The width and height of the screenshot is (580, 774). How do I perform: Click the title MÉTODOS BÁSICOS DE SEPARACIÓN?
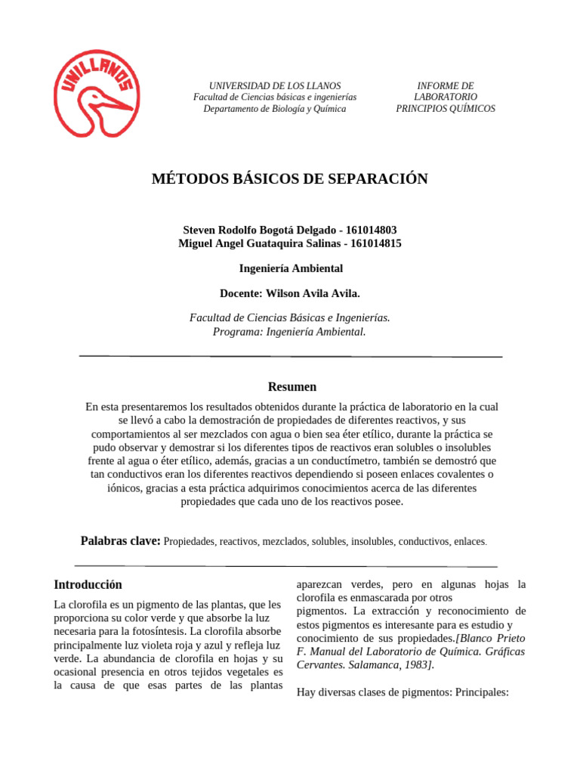[x=290, y=179]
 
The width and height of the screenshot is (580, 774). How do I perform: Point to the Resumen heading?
[x=292, y=387]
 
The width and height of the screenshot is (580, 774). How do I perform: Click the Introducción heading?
[x=88, y=584]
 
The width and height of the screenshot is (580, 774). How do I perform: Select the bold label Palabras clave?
[x=120, y=541]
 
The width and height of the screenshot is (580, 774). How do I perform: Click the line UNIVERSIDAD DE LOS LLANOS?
[x=275, y=86]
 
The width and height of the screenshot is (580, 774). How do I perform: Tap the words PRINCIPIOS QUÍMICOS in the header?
[x=446, y=109]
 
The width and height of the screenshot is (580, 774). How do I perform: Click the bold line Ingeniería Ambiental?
[x=291, y=268]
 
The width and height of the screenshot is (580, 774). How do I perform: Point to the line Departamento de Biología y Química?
[x=275, y=109]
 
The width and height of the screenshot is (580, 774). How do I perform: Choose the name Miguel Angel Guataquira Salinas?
[x=257, y=243]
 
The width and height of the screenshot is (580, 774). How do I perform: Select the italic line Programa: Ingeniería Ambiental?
[x=290, y=332]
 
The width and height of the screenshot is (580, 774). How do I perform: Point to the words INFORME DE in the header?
[x=446, y=86]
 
